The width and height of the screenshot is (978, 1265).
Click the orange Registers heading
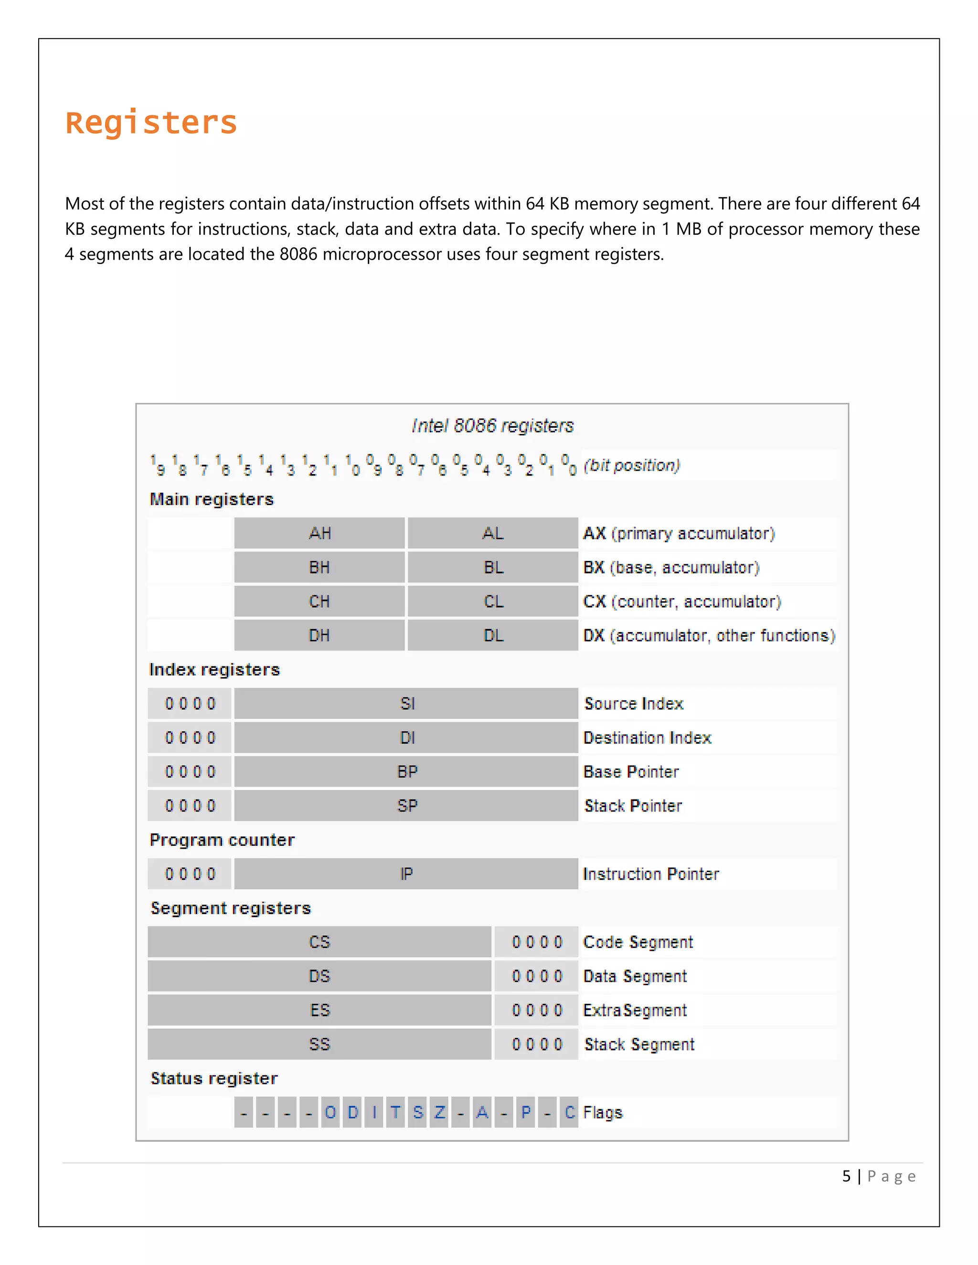[151, 123]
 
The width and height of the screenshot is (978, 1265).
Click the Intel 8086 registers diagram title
[492, 426]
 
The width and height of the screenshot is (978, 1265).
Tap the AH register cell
[319, 533]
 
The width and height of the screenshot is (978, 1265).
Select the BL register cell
[493, 567]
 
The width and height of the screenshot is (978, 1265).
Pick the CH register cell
[319, 601]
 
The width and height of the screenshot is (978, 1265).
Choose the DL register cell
[493, 635]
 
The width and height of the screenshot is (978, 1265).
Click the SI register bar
[407, 704]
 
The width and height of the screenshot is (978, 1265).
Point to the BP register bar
[407, 771]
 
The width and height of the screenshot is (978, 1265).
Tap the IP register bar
[407, 874]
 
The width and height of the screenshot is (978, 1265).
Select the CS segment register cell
[319, 942]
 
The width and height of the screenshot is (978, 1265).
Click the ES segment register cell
[319, 1010]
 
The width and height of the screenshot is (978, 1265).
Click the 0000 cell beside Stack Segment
[536, 1044]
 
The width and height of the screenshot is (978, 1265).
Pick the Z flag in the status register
[439, 1112]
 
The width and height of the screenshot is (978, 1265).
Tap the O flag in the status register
[330, 1112]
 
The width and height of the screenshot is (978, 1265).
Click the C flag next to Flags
[570, 1112]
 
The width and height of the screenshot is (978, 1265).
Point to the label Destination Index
[647, 738]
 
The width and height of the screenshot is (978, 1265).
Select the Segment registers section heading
[231, 907]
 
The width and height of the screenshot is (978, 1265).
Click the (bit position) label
[631, 465]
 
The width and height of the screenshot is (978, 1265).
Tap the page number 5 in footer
[846, 1176]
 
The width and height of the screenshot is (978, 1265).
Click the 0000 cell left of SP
[190, 806]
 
